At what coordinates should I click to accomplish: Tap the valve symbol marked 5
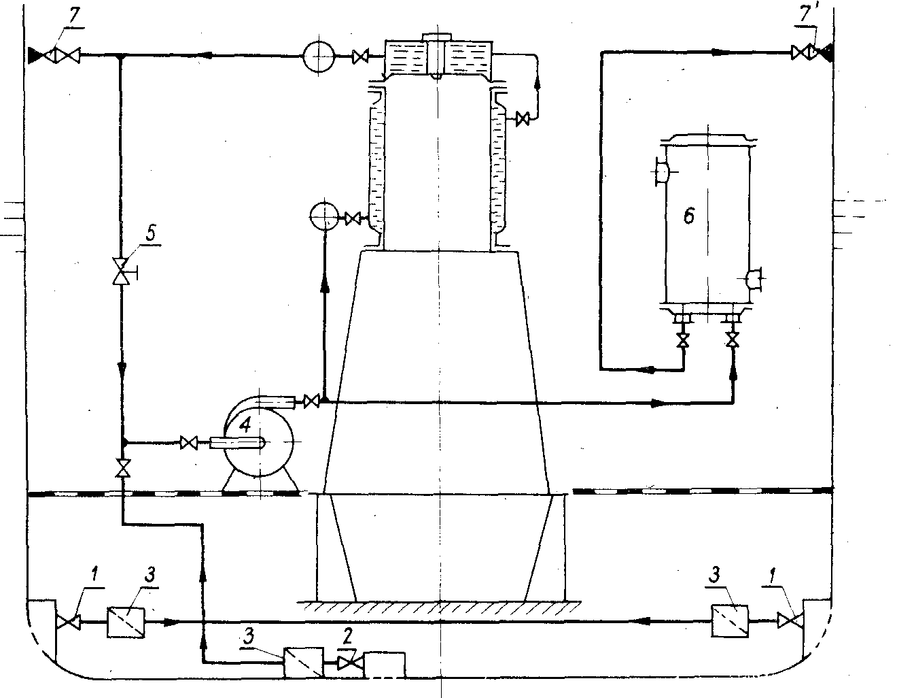coord(121,271)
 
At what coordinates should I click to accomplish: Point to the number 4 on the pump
coord(245,424)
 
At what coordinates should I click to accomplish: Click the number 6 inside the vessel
coord(688,216)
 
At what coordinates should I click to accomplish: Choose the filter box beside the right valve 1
coord(730,620)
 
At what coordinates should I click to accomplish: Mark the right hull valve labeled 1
coord(789,620)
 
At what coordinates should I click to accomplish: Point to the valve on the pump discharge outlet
coord(311,401)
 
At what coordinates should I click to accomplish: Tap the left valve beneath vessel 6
coord(684,340)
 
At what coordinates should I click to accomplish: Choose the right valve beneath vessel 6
coord(733,339)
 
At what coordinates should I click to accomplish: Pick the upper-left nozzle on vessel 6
coord(659,171)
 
